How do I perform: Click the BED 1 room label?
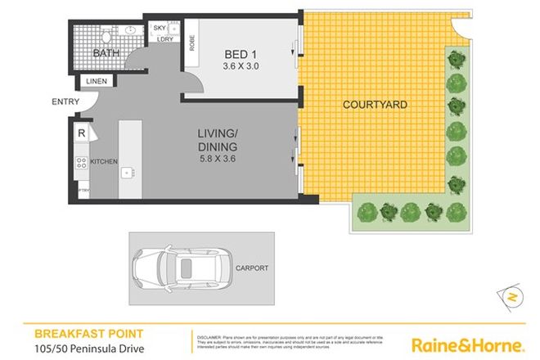point(240,55)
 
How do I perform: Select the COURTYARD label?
point(375,105)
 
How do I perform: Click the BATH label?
point(106,54)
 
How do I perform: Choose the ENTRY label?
point(65,101)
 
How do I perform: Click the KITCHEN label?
point(105,161)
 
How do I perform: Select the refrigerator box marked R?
point(83,133)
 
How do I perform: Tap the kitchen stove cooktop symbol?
point(82,162)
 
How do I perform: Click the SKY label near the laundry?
point(160,29)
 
